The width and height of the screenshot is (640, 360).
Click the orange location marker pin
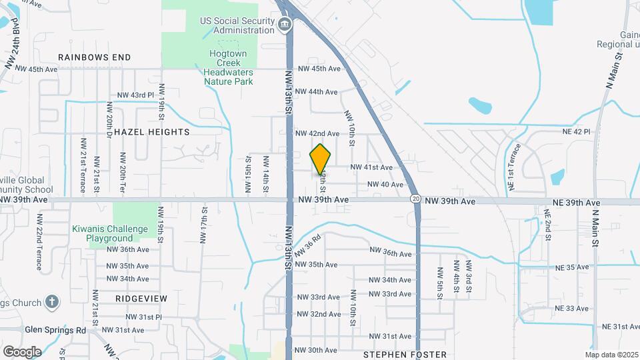pyautogui.click(x=321, y=159)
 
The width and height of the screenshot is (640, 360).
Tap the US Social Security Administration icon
pyautogui.click(x=285, y=25)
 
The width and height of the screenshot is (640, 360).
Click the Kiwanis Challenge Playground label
pyautogui.click(x=110, y=233)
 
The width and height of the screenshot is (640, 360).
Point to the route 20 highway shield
pyautogui.click(x=415, y=199)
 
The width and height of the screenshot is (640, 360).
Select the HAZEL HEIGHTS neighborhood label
pyautogui.click(x=152, y=132)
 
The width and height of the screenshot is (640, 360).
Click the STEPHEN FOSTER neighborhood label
pyautogui.click(x=405, y=355)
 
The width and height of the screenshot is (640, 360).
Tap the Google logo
pyautogui.click(x=22, y=351)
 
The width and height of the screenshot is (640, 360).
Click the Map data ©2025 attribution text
pyautogui.click(x=611, y=355)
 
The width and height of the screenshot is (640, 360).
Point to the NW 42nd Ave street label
pyautogui.click(x=317, y=133)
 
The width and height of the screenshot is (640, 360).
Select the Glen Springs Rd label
pyautogui.click(x=55, y=329)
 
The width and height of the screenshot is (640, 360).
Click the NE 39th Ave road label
pyautogui.click(x=576, y=202)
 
